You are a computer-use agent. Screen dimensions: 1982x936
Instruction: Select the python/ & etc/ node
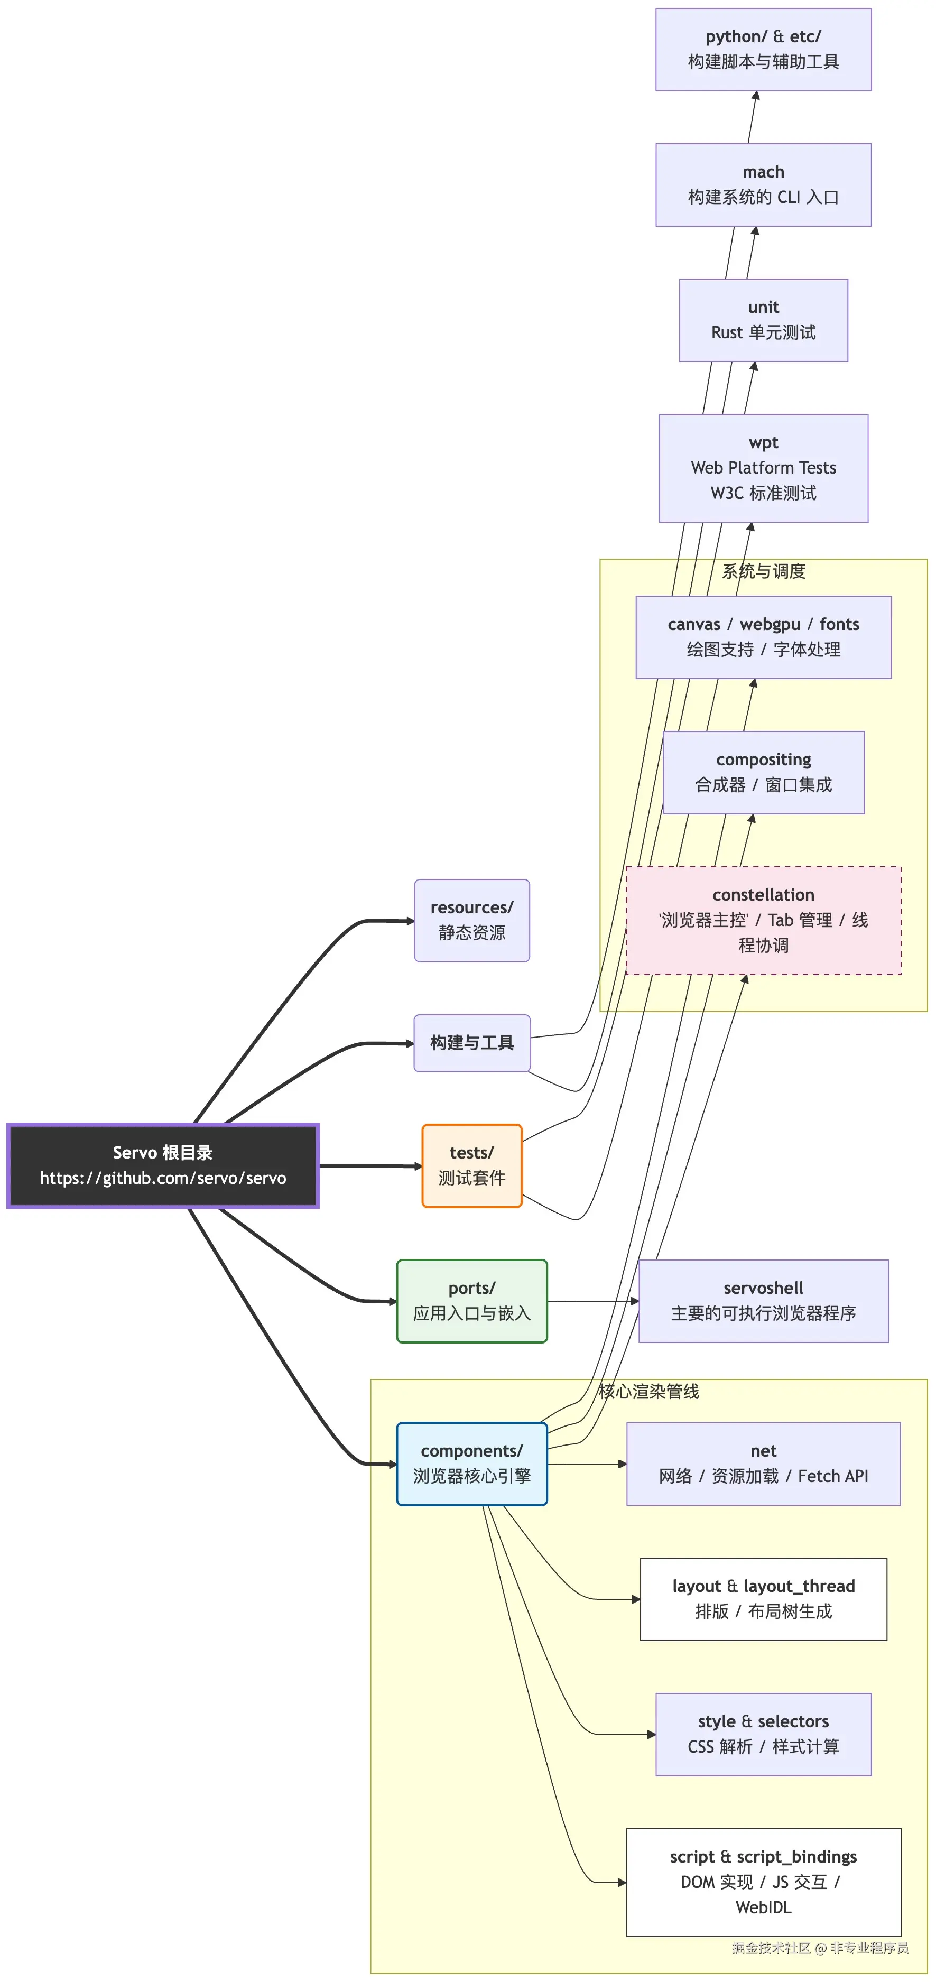click(763, 49)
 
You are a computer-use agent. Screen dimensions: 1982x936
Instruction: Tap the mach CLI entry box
click(763, 184)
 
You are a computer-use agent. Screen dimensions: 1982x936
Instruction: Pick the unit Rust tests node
click(763, 320)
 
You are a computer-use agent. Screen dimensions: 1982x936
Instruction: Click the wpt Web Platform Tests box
click(763, 468)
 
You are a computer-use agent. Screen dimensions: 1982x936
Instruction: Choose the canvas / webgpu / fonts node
click(763, 637)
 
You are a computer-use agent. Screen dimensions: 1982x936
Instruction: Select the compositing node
click(763, 773)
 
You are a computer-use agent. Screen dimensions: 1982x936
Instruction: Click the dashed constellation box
click(763, 920)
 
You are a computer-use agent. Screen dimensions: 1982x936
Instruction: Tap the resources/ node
click(471, 920)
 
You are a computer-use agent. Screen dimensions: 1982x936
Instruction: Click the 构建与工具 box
click(471, 1043)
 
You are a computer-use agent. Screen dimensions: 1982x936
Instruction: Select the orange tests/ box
click(471, 1165)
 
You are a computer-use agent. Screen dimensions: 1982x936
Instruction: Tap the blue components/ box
click(471, 1464)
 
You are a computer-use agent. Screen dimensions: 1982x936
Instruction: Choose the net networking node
click(763, 1464)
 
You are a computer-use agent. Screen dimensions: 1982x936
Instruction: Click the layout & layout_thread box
click(763, 1599)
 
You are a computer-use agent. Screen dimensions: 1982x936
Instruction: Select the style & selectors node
click(763, 1734)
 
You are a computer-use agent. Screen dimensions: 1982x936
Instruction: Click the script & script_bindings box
click(763, 1882)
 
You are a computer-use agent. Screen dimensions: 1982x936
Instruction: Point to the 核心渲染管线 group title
click(648, 1391)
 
